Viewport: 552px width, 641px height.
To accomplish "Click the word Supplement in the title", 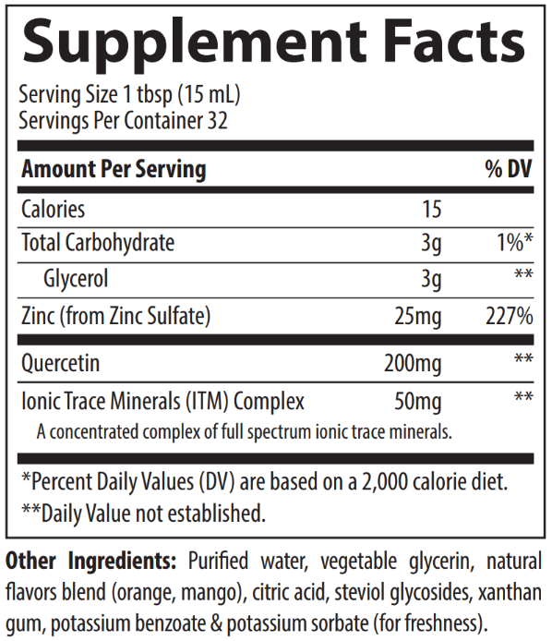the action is point(195,42).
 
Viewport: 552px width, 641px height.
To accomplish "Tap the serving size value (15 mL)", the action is point(209,95).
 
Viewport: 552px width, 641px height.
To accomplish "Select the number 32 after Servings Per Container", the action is point(217,121).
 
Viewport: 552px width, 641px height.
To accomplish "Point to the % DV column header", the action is point(509,168).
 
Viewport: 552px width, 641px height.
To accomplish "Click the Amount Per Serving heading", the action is point(114,169).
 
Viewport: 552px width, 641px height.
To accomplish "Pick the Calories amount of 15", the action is point(432,209).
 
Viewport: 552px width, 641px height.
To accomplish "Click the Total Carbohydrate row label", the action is point(98,242).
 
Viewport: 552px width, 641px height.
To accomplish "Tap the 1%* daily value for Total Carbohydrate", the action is point(515,242).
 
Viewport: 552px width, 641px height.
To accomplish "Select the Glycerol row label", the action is point(76,279).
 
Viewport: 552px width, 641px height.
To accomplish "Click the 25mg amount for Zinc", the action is point(418,317).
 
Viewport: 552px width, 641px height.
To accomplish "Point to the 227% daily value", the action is point(510,316).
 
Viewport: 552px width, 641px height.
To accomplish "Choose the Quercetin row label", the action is point(61,363).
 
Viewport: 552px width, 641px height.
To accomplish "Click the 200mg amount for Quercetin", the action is point(413,363).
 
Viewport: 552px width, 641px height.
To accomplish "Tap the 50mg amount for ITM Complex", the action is point(418,402).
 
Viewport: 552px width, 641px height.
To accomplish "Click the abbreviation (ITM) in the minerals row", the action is point(207,401).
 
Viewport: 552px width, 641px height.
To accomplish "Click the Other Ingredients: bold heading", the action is point(90,561).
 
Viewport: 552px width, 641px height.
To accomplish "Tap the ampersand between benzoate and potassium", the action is point(217,623).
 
